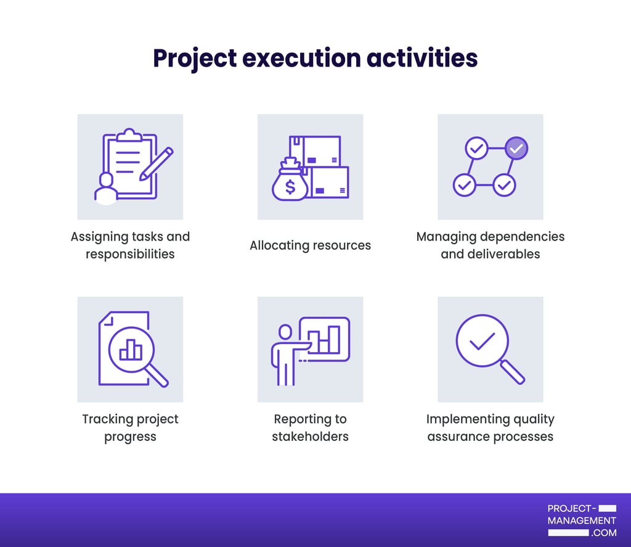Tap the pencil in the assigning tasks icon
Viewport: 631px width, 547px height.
(157, 163)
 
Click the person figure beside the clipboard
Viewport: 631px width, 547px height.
(106, 189)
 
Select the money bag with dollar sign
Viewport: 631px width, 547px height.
(290, 182)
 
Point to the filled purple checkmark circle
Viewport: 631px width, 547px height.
(516, 148)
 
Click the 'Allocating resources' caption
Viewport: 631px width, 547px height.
(310, 245)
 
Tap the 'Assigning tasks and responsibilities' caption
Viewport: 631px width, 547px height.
(130, 245)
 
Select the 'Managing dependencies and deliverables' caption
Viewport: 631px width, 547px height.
(490, 245)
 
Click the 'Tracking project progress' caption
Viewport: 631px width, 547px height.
(130, 427)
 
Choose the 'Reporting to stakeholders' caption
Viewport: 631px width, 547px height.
(310, 427)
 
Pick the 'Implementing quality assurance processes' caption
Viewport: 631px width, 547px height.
(490, 427)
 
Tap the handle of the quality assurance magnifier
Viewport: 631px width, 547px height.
(513, 372)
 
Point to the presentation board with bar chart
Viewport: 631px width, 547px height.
(324, 339)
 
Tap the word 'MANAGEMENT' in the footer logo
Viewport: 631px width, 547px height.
(582, 520)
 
